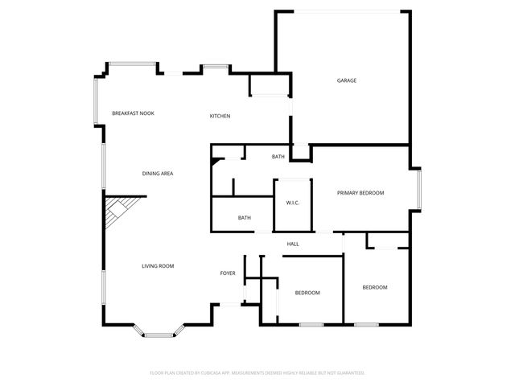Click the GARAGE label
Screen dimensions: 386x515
347,80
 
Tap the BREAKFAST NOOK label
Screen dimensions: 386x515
133,113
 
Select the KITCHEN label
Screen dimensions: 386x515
220,116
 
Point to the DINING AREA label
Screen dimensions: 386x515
158,174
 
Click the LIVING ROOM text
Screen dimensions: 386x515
158,266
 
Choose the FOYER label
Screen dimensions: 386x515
228,273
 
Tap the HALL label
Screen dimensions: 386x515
293,244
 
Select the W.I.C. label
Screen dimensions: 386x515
292,203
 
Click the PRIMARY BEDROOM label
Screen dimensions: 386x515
360,193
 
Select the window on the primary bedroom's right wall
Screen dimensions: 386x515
418,190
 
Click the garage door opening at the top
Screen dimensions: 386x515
344,11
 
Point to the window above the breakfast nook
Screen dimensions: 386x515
132,64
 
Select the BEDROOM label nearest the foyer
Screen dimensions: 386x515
307,293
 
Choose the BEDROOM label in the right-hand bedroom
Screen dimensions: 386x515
374,288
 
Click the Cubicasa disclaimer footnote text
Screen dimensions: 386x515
257,373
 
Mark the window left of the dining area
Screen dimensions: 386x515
102,165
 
